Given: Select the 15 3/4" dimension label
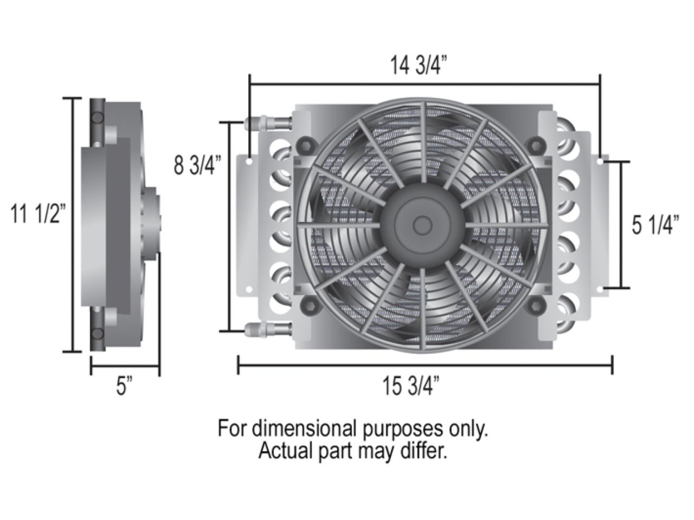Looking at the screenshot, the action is click(411, 386).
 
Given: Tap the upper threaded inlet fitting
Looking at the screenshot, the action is click(268, 122).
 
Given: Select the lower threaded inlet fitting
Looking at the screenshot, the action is click(268, 328).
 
